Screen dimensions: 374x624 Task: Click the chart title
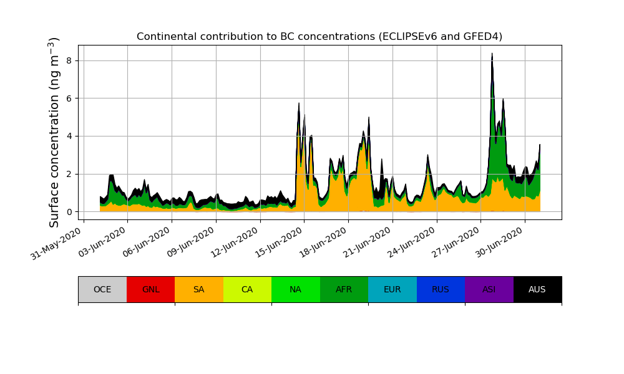[x=319, y=36]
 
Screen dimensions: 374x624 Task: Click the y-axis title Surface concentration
[x=54, y=132]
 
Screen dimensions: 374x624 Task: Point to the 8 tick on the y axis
[x=70, y=60]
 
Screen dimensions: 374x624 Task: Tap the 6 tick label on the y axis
[x=70, y=98]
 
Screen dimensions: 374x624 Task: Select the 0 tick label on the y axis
[x=70, y=212]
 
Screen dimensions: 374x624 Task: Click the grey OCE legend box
[x=102, y=289]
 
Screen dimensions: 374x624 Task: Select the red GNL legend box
[x=150, y=289]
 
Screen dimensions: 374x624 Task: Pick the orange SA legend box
[x=199, y=289]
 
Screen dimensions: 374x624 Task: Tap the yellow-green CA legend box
[x=247, y=289]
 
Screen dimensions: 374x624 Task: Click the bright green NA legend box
[x=296, y=289]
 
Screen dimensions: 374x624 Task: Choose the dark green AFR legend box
[x=344, y=289]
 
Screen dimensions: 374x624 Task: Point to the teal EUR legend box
[x=392, y=289]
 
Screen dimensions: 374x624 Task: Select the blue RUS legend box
[x=441, y=289]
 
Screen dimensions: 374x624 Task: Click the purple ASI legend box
[x=489, y=289]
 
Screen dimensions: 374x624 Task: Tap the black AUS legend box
[x=537, y=289]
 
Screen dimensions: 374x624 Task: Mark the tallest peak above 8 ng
[x=492, y=54]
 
